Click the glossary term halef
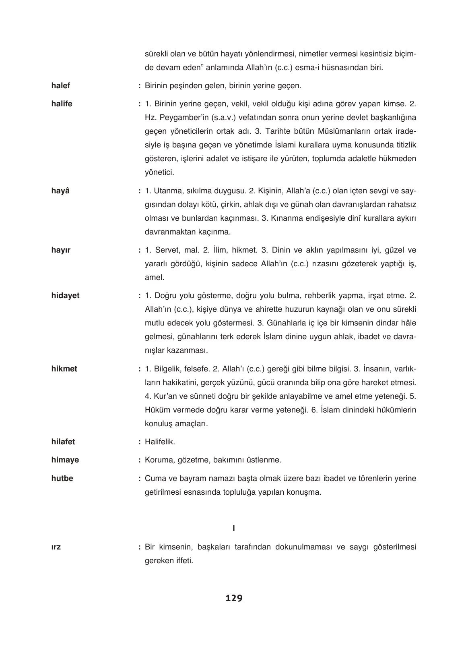61,85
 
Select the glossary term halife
62,104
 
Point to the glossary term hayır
61,250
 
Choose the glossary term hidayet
65,295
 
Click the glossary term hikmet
64,368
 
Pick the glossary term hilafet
63,442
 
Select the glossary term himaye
65,460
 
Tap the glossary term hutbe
62,479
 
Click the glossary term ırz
56,547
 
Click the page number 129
234,598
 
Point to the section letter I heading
234,527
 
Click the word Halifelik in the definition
160,442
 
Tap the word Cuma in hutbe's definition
154,479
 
